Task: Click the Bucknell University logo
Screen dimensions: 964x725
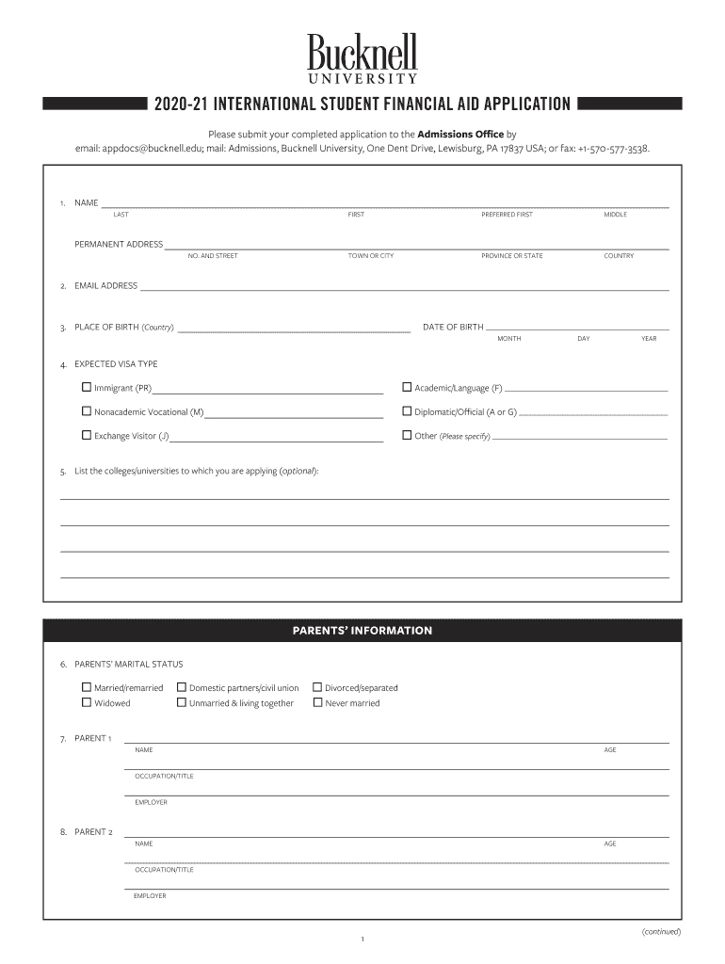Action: (362, 58)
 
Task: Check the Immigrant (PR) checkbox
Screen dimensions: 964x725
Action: (87, 387)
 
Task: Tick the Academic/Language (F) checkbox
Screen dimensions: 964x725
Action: (407, 387)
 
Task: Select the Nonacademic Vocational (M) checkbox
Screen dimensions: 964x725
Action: (87, 411)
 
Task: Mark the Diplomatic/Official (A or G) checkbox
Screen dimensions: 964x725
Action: (407, 411)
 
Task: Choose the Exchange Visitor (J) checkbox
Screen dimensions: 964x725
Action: (87, 436)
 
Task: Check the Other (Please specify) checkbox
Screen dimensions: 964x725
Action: (407, 436)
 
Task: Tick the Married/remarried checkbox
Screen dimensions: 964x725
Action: (87, 688)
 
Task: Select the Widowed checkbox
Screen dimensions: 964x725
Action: (87, 703)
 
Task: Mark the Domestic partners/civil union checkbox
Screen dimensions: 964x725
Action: (182, 688)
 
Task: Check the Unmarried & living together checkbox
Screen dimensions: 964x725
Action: (182, 703)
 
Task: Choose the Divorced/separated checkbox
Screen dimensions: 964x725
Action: (317, 688)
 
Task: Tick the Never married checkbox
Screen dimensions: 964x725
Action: (317, 703)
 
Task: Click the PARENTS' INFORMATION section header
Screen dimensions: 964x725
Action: (362, 631)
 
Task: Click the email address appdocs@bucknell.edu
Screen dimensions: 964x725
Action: (138, 149)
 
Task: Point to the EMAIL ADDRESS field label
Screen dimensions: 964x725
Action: (105, 286)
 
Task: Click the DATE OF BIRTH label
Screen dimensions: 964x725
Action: (453, 328)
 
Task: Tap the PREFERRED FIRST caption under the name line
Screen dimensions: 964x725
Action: (507, 215)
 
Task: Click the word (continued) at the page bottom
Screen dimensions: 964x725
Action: (661, 932)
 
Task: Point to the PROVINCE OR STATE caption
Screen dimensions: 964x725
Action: (511, 256)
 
